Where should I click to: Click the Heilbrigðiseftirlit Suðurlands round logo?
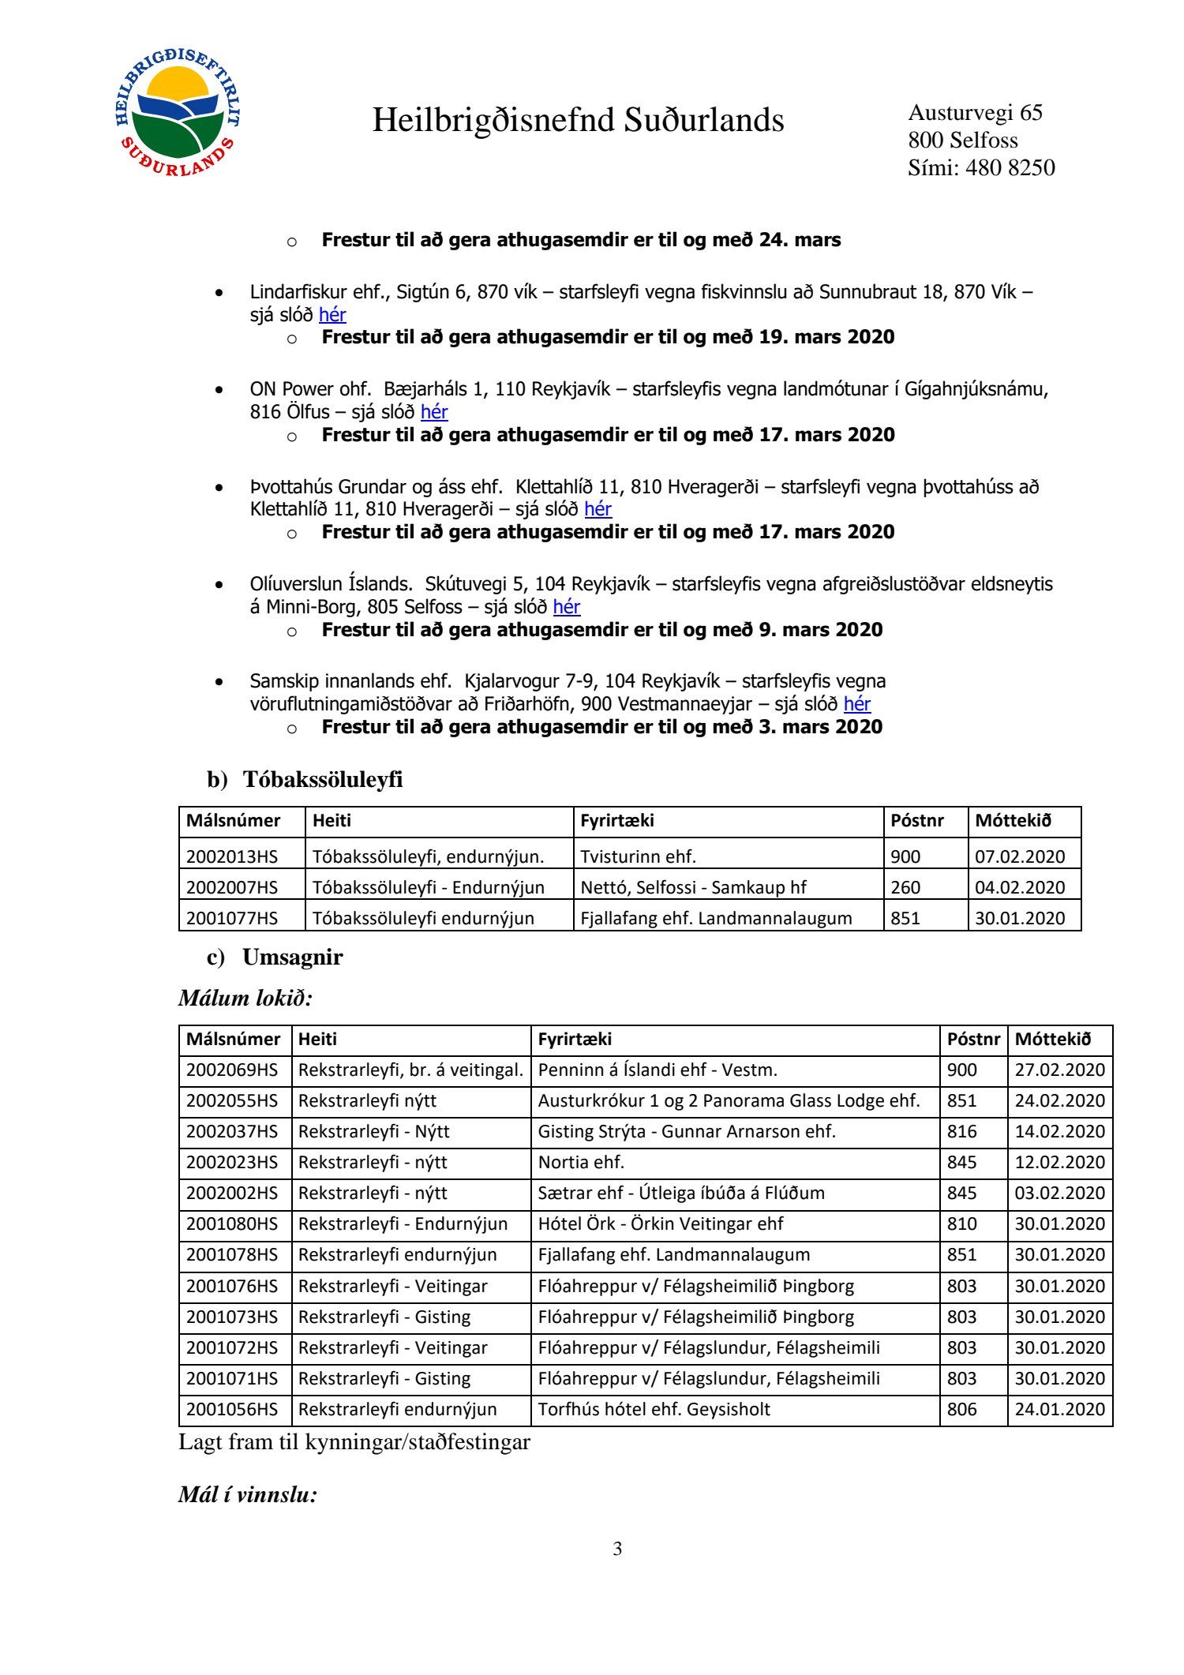pos(178,111)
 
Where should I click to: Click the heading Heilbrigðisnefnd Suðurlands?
pos(578,121)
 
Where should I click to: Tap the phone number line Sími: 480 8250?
pos(980,167)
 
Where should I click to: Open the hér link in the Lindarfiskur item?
pos(332,315)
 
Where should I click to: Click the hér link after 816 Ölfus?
pos(434,412)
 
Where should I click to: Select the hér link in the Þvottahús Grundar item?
pos(598,509)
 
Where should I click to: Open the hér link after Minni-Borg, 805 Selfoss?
pos(567,607)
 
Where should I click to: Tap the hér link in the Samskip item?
pos(856,704)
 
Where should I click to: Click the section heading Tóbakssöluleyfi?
pos(322,779)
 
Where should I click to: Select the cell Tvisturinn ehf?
pos(638,856)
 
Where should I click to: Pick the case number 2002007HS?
pos(232,887)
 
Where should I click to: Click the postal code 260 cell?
pos(905,887)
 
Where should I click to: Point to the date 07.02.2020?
pos(1020,856)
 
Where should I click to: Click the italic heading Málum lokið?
pos(245,998)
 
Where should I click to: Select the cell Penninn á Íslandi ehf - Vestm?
pos(658,1070)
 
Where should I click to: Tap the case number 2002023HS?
pos(232,1163)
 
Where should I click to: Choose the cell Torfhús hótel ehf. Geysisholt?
pos(654,1410)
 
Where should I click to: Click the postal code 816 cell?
pos(961,1132)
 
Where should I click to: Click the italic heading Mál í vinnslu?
pos(248,1494)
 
